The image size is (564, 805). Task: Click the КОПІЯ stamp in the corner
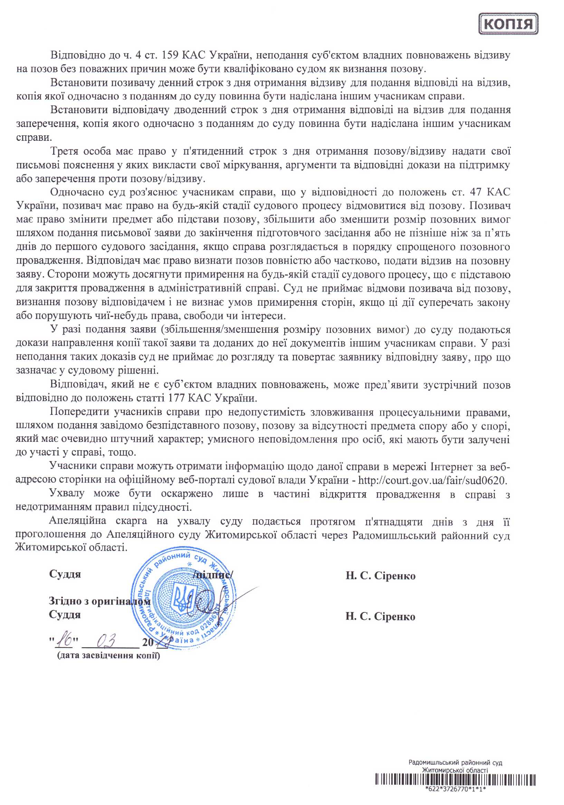click(508, 24)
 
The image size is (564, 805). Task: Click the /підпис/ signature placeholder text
click(213, 574)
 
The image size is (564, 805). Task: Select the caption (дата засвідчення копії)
click(108, 655)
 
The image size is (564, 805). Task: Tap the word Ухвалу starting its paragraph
click(67, 493)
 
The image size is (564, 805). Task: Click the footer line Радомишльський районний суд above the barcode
click(455, 763)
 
